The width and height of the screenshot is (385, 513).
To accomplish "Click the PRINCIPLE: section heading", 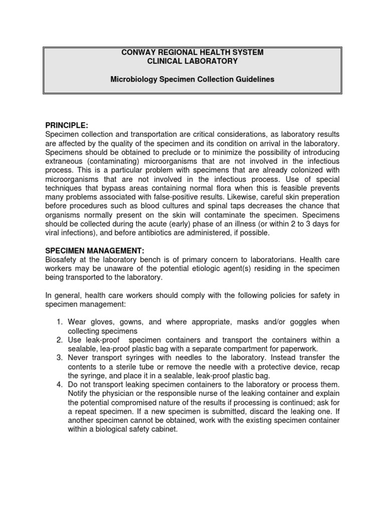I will tap(67, 125).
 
